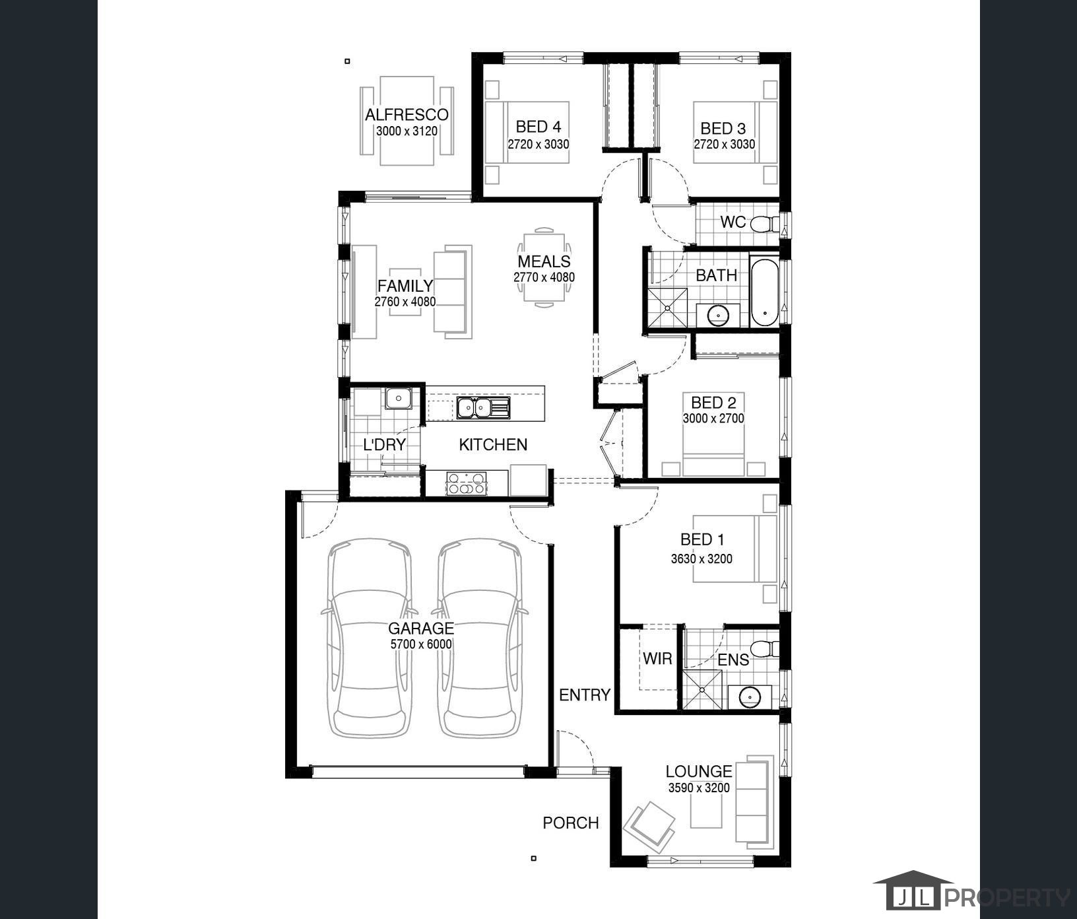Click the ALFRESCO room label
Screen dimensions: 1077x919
[407, 115]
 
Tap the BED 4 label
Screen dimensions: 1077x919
[538, 126]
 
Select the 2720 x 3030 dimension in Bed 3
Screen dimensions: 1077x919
[724, 144]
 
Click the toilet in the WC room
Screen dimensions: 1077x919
[765, 224]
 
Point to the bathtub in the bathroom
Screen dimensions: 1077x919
[765, 292]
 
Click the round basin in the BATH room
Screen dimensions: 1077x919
[717, 315]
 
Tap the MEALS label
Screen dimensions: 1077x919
[544, 261]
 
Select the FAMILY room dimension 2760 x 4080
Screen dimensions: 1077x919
[405, 302]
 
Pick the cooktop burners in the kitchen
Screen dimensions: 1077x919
[467, 483]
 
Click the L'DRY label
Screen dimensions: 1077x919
[384, 444]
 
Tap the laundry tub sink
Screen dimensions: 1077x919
[399, 398]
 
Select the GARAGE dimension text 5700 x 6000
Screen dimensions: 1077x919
[420, 644]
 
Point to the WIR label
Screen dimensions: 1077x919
[657, 658]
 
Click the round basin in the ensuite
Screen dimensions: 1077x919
[749, 697]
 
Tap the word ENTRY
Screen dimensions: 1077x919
[585, 695]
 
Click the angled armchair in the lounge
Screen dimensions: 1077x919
[649, 823]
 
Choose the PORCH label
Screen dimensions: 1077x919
[571, 823]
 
